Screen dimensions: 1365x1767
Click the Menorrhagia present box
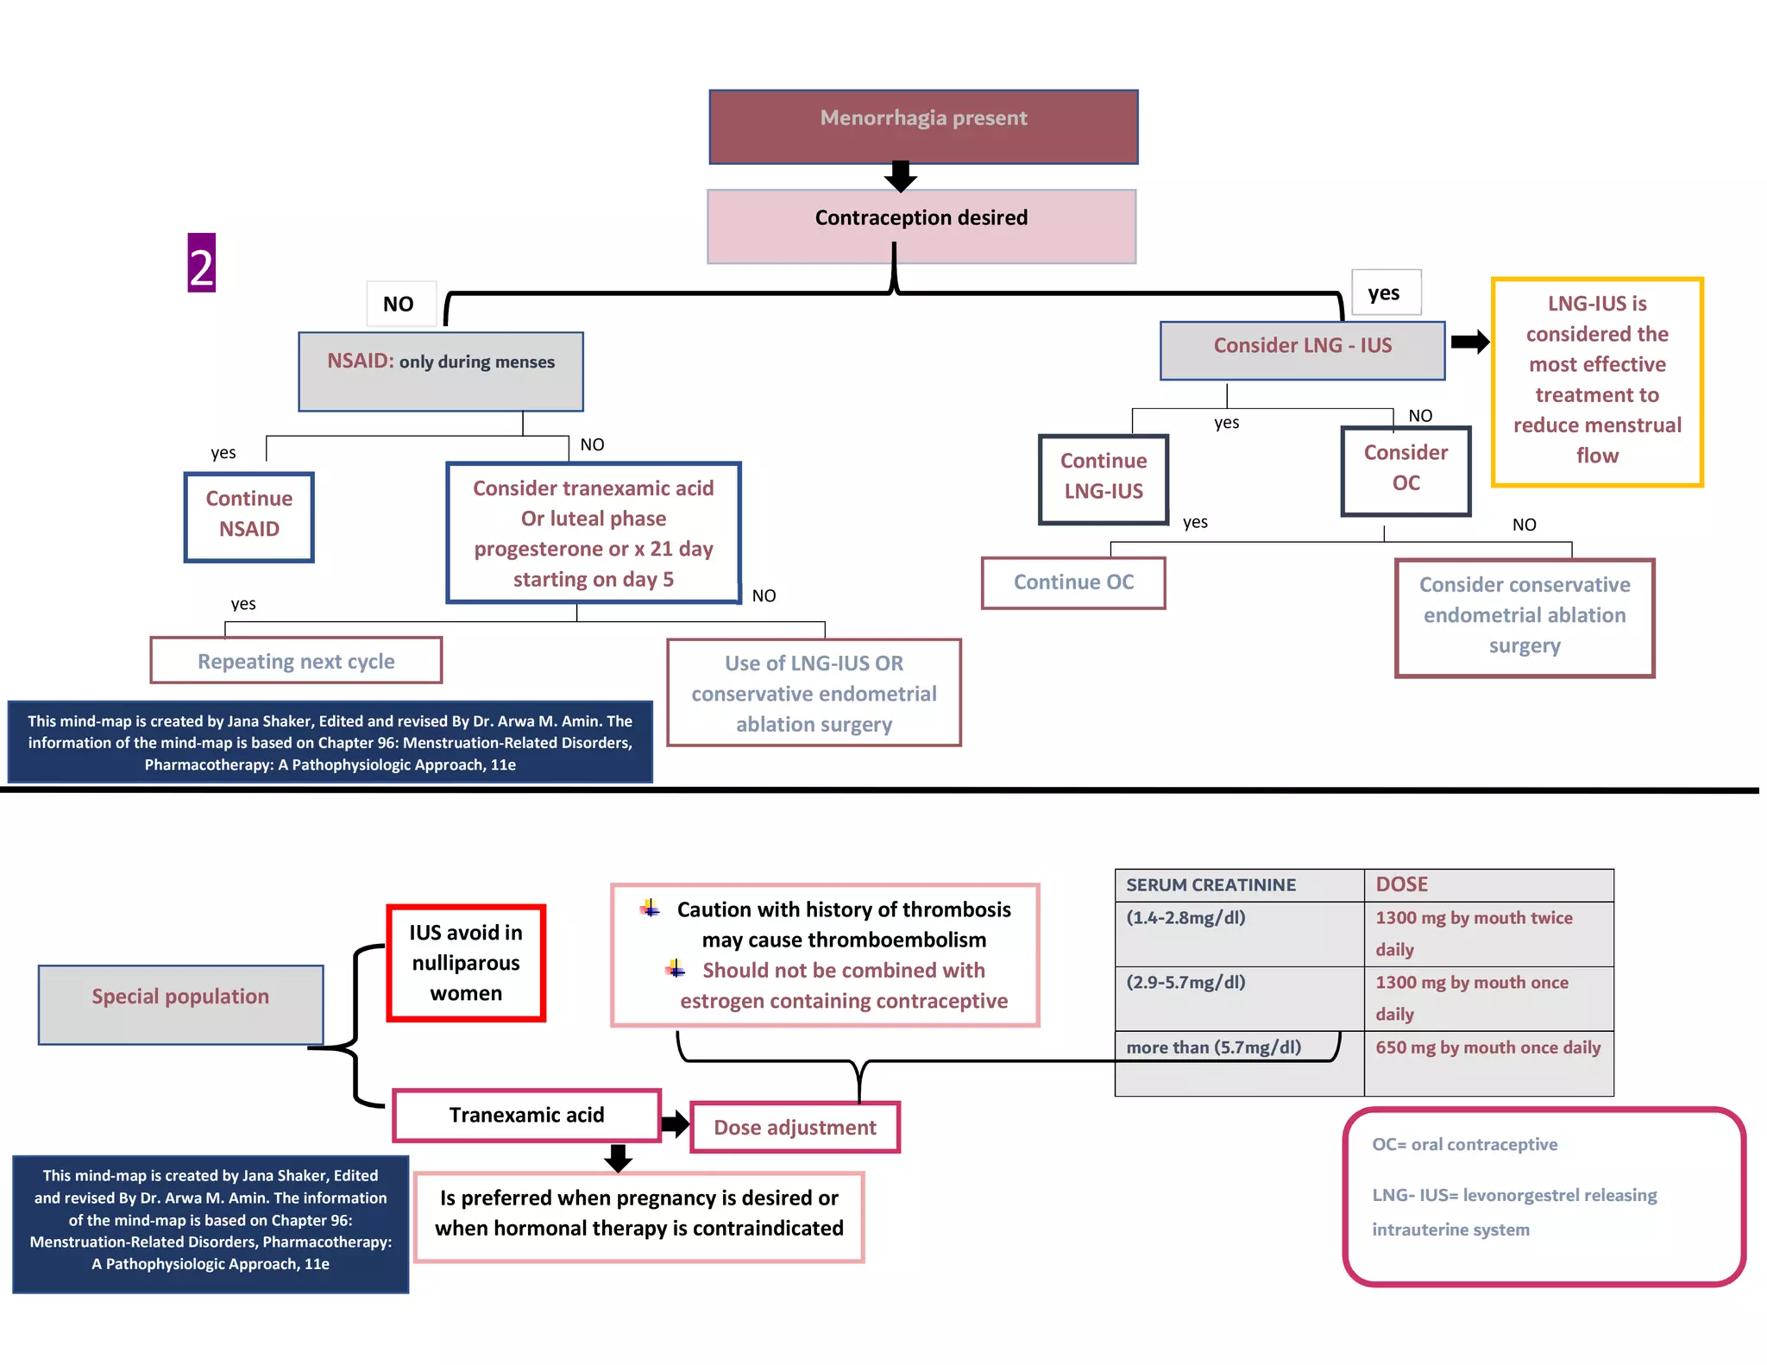(923, 127)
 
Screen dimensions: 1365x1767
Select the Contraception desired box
(921, 226)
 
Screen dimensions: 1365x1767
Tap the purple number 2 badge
(201, 263)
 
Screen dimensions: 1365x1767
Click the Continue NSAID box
(249, 516)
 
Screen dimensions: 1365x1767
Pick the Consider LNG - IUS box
(1302, 349)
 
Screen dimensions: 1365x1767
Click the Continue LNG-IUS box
(1104, 479)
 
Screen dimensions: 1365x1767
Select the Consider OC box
(1405, 470)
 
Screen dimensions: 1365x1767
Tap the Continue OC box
(1073, 582)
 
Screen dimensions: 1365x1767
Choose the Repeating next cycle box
(296, 661)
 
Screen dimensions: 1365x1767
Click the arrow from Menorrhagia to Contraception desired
(900, 177)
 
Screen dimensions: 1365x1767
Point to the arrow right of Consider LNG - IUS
(1469, 342)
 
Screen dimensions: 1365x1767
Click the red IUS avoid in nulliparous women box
(466, 962)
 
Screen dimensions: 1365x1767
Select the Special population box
(181, 1003)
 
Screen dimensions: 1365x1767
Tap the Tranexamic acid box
(526, 1115)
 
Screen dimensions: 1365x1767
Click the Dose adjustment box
(795, 1127)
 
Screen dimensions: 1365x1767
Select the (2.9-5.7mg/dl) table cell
(1239, 997)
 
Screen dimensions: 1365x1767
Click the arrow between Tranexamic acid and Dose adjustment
(676, 1123)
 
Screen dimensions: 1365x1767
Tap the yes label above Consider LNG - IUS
(1385, 293)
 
